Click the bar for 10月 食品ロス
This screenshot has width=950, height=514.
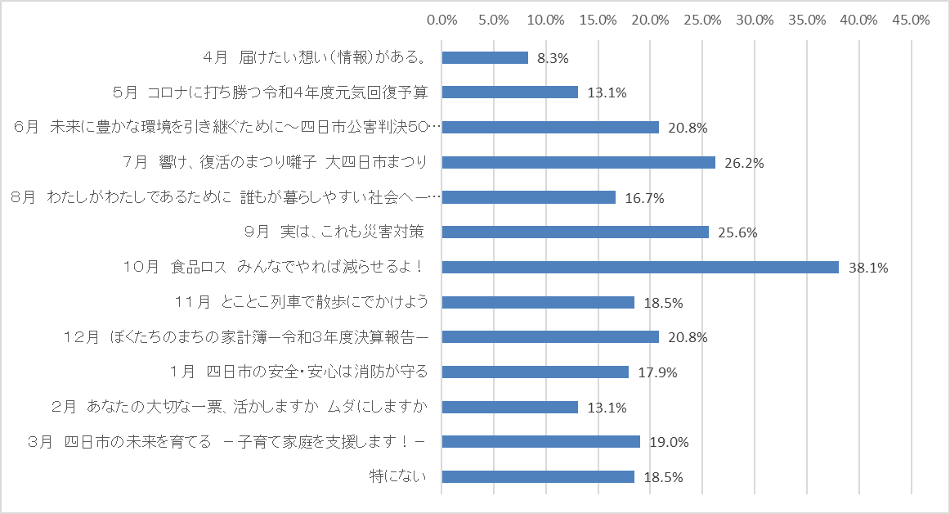pyautogui.click(x=640, y=267)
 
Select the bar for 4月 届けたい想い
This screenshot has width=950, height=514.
pyautogui.click(x=485, y=57)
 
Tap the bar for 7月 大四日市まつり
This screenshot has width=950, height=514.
pyautogui.click(x=578, y=162)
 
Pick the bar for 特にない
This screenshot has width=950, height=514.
pyautogui.click(x=538, y=476)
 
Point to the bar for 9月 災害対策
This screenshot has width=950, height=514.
pyautogui.click(x=575, y=232)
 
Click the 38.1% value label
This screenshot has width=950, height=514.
pyautogui.click(x=868, y=268)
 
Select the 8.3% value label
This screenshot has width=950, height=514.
pyautogui.click(x=553, y=58)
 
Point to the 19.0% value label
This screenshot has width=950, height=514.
pyautogui.click(x=669, y=442)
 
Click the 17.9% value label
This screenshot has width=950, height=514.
pyautogui.click(x=657, y=372)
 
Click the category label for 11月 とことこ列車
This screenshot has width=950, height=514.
pyautogui.click(x=302, y=302)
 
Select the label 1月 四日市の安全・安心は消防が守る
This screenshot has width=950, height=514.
pyautogui.click(x=300, y=372)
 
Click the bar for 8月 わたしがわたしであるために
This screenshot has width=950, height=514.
pyautogui.click(x=528, y=197)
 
